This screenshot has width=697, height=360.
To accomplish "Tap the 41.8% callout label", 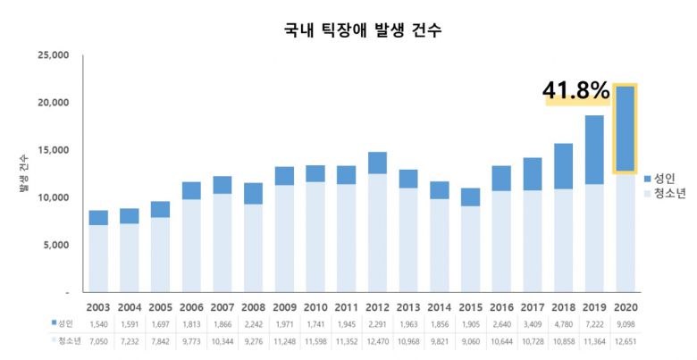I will pyautogui.click(x=575, y=90).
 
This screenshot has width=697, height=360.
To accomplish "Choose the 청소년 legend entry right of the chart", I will pyautogui.click(x=665, y=194).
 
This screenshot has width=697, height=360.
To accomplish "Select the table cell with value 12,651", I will pyautogui.click(x=625, y=341).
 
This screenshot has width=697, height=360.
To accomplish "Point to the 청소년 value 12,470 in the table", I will pyautogui.click(x=377, y=341).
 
